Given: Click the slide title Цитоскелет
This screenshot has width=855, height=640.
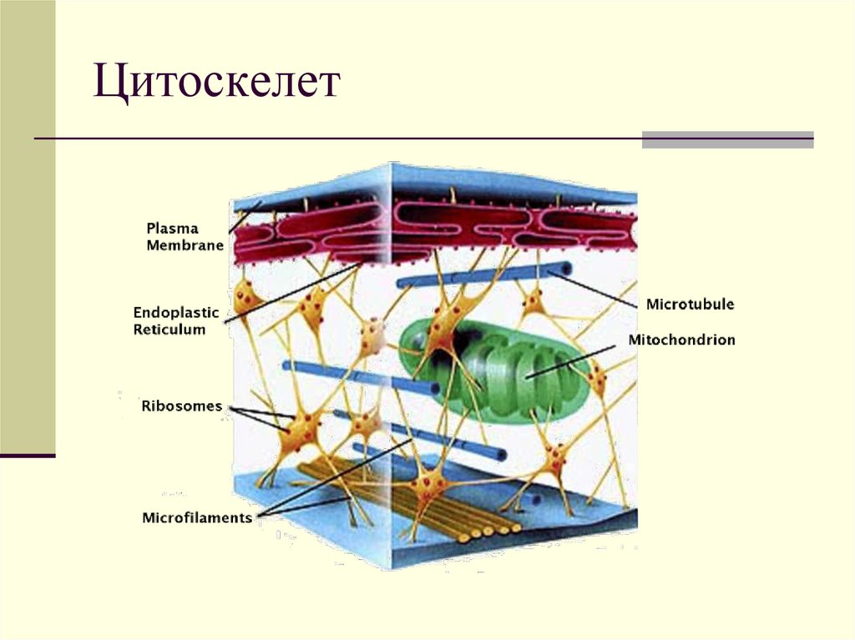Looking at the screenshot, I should (x=217, y=83).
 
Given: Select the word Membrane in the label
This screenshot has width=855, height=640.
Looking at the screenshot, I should (x=185, y=245).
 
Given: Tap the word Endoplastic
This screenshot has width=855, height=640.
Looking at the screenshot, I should (x=175, y=313).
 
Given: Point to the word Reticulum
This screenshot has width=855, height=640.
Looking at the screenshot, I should (x=169, y=330).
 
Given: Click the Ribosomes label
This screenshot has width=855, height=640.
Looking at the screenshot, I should (x=181, y=407).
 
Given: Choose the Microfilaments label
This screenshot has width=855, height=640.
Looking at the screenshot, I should (x=197, y=517).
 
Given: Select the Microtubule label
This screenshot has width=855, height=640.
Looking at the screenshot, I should (x=690, y=305).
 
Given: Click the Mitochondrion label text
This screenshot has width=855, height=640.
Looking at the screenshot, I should (x=681, y=340).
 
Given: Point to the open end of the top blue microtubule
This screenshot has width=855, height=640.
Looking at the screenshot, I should (x=567, y=269).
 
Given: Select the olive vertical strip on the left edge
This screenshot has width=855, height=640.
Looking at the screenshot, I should (x=28, y=225).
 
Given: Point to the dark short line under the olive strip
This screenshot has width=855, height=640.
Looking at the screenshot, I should (x=28, y=456).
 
